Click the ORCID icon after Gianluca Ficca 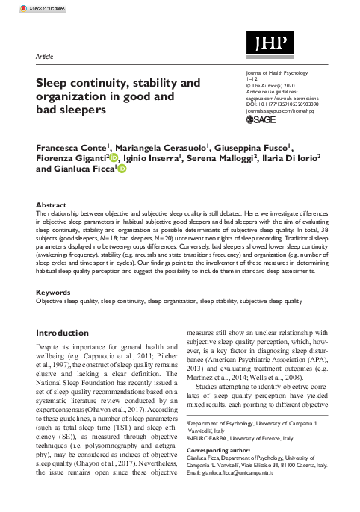point(122,170)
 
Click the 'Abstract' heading point(52,204)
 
